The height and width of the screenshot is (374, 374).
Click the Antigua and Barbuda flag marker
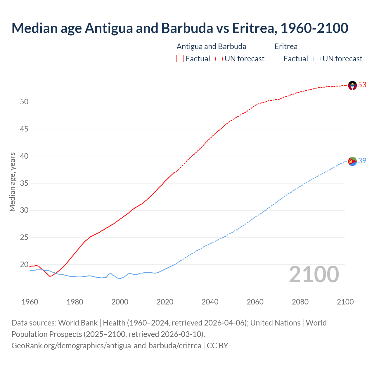(352, 85)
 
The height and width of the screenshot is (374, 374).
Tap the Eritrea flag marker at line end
(352, 161)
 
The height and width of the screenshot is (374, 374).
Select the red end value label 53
(362, 85)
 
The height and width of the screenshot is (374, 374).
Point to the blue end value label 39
(362, 161)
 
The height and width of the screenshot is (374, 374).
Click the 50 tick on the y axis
(24, 102)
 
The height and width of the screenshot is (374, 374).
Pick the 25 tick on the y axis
(24, 238)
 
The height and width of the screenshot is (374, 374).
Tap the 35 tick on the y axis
(24, 183)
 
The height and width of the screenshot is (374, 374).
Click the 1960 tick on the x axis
(30, 302)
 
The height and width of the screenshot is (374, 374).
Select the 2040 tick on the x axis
(210, 302)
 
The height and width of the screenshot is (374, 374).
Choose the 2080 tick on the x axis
(300, 302)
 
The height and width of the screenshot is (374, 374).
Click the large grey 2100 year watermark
(314, 274)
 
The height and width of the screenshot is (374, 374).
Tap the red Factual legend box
(180, 59)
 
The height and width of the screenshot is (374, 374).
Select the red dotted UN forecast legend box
(219, 59)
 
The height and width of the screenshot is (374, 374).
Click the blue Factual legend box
(278, 59)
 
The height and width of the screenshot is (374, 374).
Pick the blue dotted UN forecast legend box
(317, 59)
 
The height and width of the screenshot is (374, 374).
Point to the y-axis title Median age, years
(12, 182)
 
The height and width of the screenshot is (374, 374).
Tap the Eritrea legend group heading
(286, 46)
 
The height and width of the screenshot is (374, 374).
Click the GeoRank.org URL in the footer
(106, 346)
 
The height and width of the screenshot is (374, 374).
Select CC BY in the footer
(217, 346)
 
